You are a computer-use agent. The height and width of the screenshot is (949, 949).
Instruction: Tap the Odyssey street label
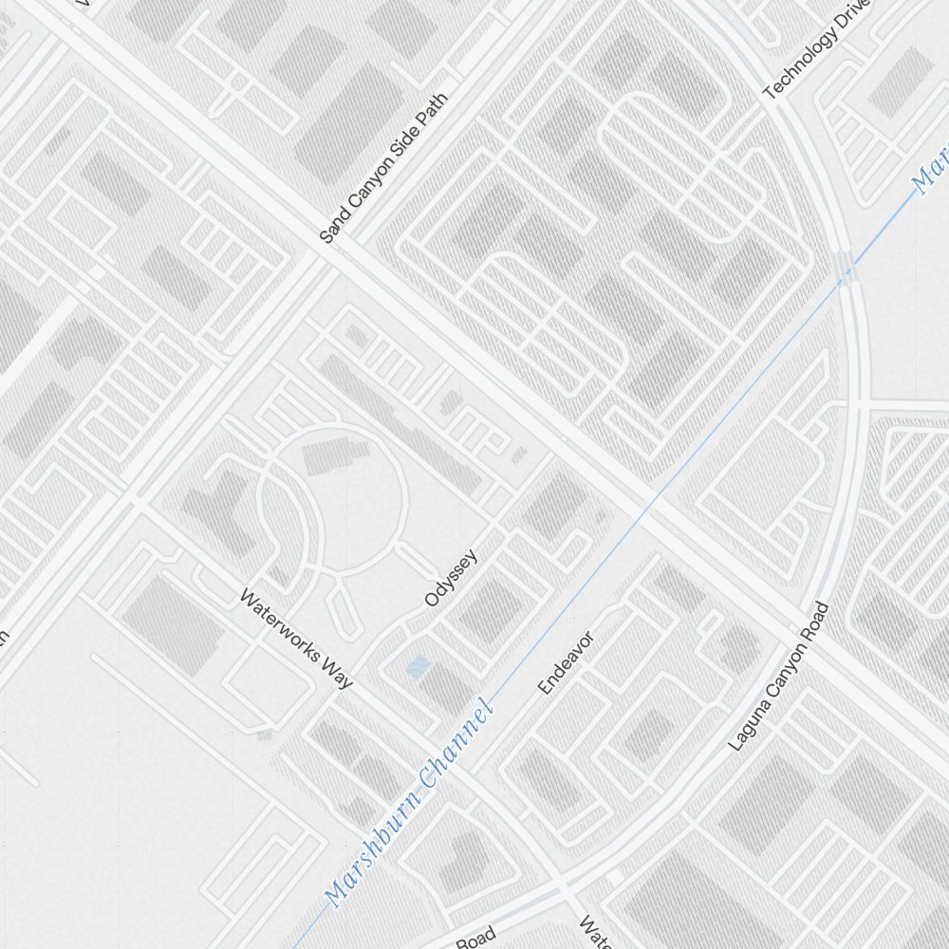pos(451,578)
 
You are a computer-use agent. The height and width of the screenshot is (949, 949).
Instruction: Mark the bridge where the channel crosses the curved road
pos(847,269)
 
